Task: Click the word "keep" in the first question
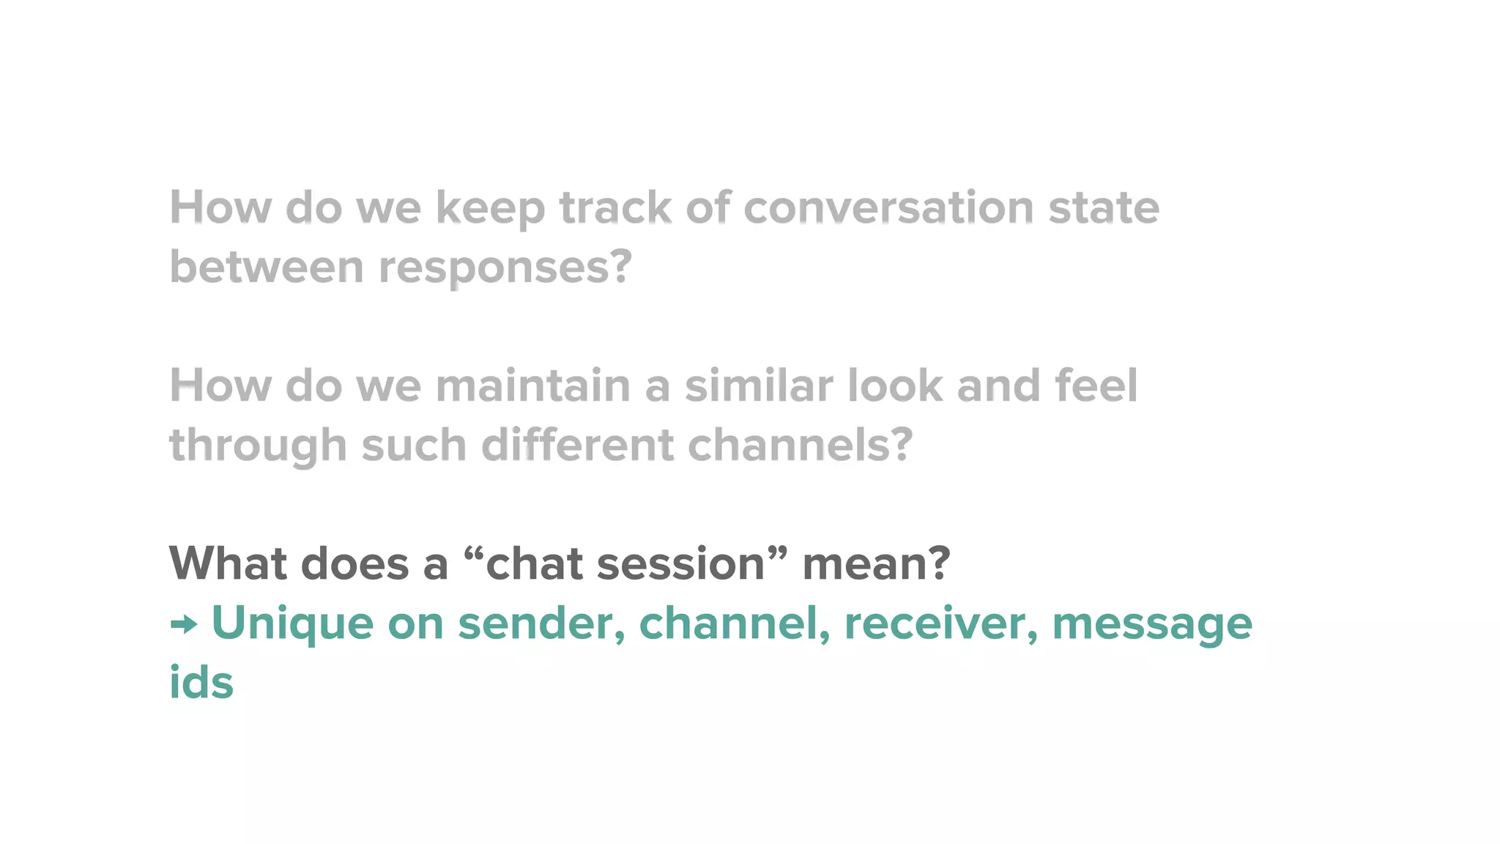point(490,209)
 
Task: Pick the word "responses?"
point(505,268)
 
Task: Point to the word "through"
point(258,446)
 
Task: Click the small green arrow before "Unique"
point(184,625)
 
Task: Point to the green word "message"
point(1152,625)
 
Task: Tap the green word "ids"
point(201,682)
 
